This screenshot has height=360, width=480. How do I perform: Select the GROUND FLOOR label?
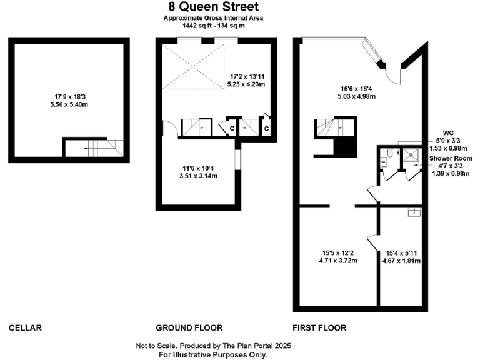coord(189,327)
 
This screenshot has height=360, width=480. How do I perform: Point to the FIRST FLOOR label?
coord(319,327)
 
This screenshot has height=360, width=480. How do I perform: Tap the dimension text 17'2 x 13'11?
coord(248,76)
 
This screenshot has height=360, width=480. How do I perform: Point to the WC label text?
coord(447,132)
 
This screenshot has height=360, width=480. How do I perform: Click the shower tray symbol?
coord(411,154)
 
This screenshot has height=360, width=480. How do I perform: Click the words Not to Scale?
coord(156,346)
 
